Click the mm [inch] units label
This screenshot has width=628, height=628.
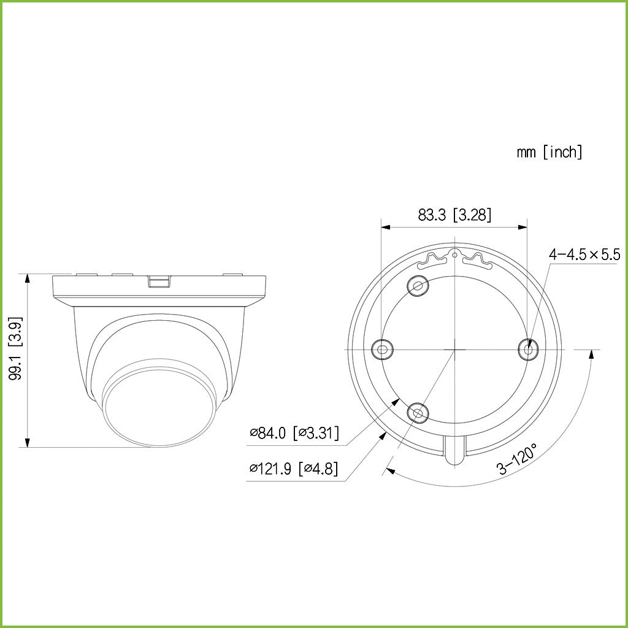click(549, 152)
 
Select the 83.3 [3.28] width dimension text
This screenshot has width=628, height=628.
click(454, 215)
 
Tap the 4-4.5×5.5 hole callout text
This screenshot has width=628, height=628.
click(584, 255)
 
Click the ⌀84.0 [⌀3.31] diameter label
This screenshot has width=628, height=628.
click(294, 434)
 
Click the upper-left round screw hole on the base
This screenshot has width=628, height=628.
click(418, 285)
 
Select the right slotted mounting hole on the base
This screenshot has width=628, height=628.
click(527, 350)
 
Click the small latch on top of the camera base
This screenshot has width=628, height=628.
click(159, 281)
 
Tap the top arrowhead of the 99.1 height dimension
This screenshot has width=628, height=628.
click(27, 278)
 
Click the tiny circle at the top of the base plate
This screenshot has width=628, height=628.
click(454, 249)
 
